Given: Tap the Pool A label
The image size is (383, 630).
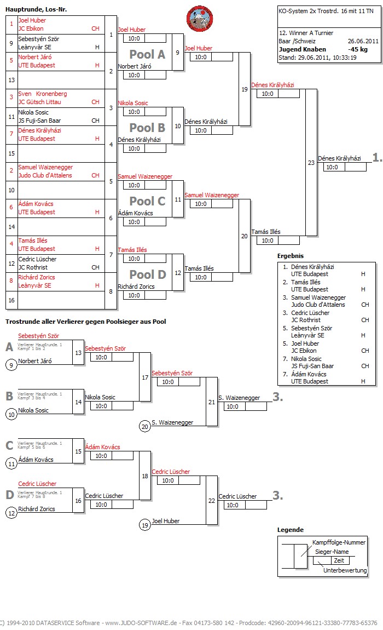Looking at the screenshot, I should [x=147, y=54].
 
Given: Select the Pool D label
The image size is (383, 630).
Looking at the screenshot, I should [x=147, y=274].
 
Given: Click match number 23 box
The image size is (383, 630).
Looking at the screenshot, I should [x=311, y=162].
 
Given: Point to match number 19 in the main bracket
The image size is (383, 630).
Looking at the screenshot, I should [x=244, y=89].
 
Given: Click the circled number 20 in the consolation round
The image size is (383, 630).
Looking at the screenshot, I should [x=144, y=426].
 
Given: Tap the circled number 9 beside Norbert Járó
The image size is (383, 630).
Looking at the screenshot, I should [x=11, y=365].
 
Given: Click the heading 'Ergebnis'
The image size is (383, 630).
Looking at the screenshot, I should [x=291, y=256].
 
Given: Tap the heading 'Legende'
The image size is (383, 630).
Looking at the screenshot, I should [x=290, y=530].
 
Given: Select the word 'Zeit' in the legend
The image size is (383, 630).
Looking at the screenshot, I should [x=339, y=561].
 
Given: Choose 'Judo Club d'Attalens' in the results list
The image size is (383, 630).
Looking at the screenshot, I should [x=318, y=305].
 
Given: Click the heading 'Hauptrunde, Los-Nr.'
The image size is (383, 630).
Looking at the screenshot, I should [x=36, y=10].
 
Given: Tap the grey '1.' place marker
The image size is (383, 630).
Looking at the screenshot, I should [x=377, y=158].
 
